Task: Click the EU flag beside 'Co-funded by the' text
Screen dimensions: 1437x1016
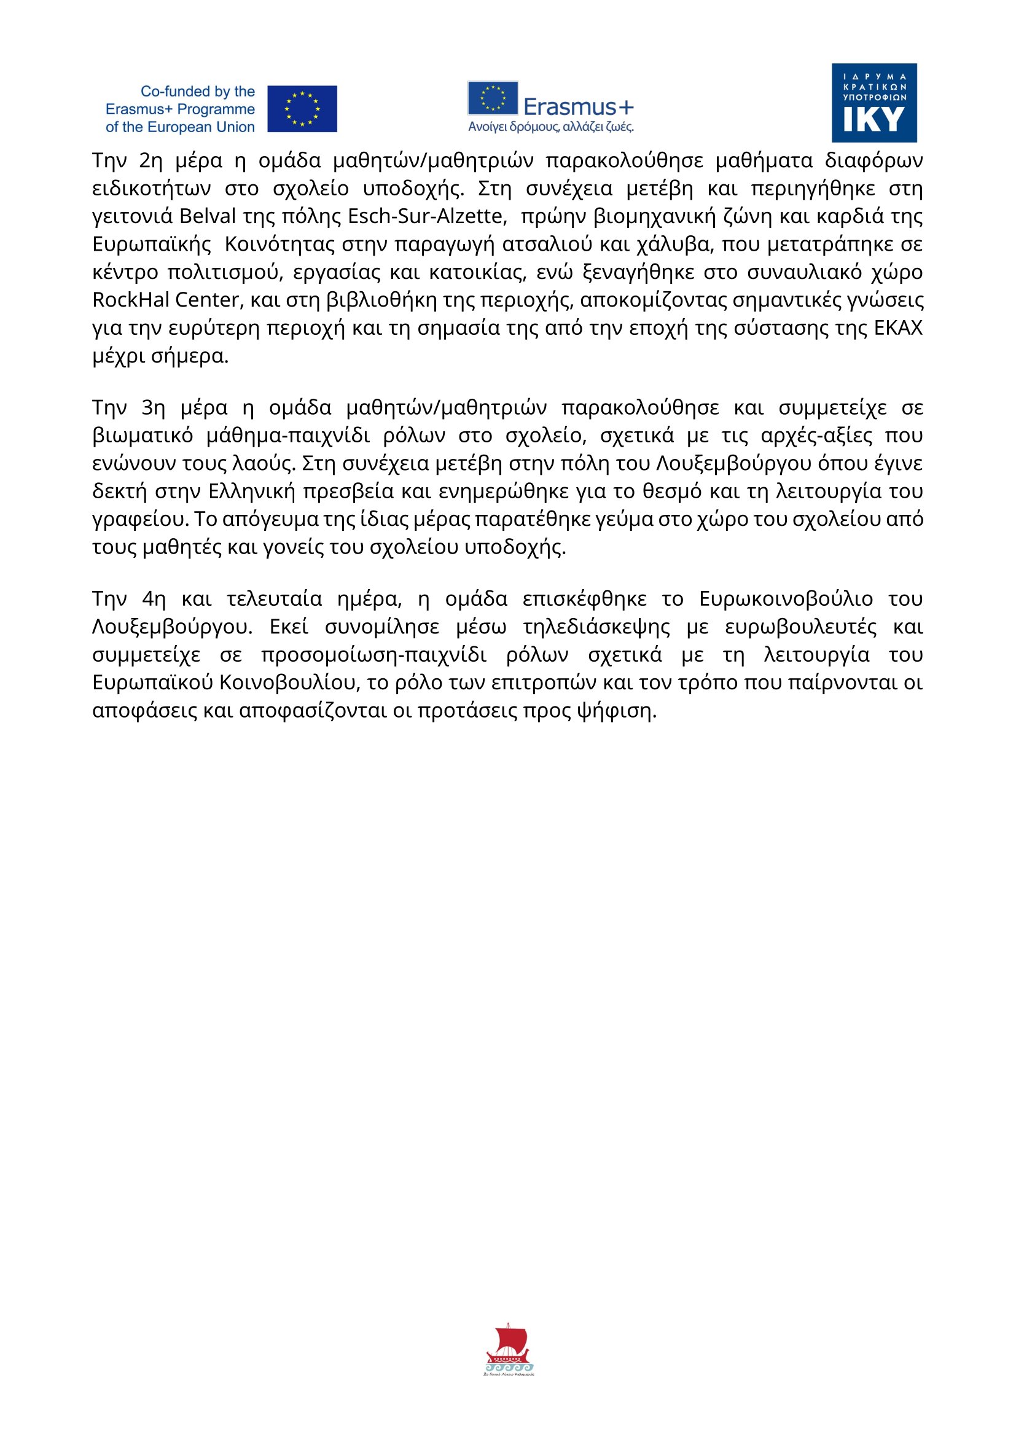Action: pyautogui.click(x=302, y=109)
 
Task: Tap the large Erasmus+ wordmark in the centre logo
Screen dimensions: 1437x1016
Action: pyautogui.click(x=578, y=107)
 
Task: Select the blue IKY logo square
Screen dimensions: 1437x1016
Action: pyautogui.click(x=873, y=103)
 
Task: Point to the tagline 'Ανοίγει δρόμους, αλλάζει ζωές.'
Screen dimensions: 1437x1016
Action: pyautogui.click(x=550, y=127)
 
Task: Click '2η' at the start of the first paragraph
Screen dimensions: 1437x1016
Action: pyautogui.click(x=150, y=162)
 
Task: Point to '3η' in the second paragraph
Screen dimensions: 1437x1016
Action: pyautogui.click(x=154, y=408)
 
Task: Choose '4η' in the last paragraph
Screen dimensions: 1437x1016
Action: pyautogui.click(x=154, y=600)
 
